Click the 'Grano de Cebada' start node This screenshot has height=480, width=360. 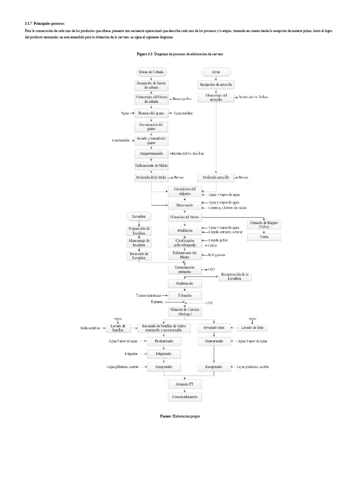pyautogui.click(x=151, y=72)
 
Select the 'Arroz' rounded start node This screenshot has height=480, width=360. pyautogui.click(x=216, y=72)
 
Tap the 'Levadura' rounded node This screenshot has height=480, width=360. pyautogui.click(x=139, y=216)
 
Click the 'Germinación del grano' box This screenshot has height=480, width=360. pyautogui.click(x=151, y=127)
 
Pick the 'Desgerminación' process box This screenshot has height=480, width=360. pyautogui.click(x=151, y=153)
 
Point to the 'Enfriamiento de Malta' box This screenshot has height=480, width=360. pyautogui.click(x=151, y=165)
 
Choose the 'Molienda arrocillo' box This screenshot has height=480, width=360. pyautogui.click(x=216, y=178)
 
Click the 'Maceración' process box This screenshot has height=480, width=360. pyautogui.click(x=184, y=205)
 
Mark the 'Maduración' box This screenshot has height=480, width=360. pyautogui.click(x=184, y=284)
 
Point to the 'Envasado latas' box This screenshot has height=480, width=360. pyautogui.click(x=214, y=327)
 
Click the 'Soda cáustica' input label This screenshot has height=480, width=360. pyautogui.click(x=90, y=328)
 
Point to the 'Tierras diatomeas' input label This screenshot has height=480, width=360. pyautogui.click(x=149, y=296)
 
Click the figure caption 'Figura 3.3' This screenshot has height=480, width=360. pyautogui.click(x=145, y=54)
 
